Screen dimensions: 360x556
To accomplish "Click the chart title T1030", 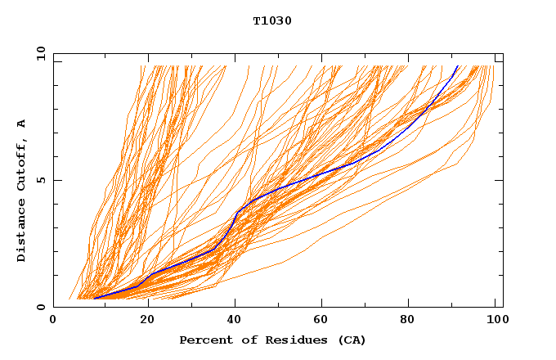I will click(x=272, y=20).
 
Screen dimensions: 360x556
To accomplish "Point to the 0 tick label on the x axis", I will click(x=53, y=320).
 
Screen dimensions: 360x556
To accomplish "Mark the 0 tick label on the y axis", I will click(x=40, y=308).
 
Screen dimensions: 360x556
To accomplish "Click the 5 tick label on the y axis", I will click(x=40, y=180).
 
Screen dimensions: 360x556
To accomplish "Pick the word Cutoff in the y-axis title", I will click(x=22, y=162).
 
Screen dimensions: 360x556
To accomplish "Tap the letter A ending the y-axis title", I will click(x=22, y=124).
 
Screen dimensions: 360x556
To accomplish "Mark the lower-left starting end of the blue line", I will click(x=96, y=299).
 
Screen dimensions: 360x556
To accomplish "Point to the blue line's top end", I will click(x=457, y=66).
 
